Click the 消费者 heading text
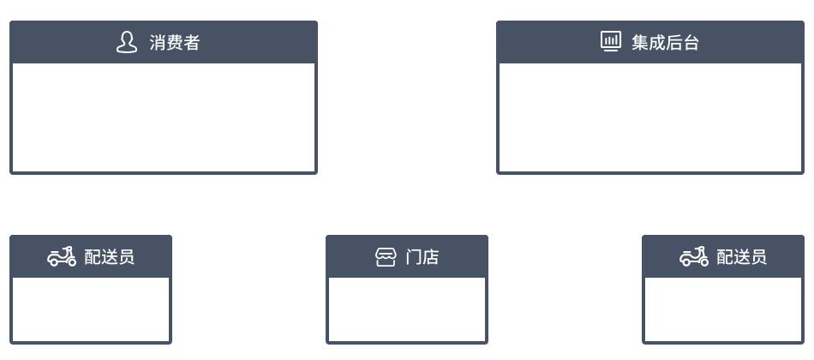pos(175,42)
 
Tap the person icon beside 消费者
pos(126,42)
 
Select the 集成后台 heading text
pos(665,42)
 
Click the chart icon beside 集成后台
pos(610,41)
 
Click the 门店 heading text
pos(422,256)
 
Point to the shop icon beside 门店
pos(386,256)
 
